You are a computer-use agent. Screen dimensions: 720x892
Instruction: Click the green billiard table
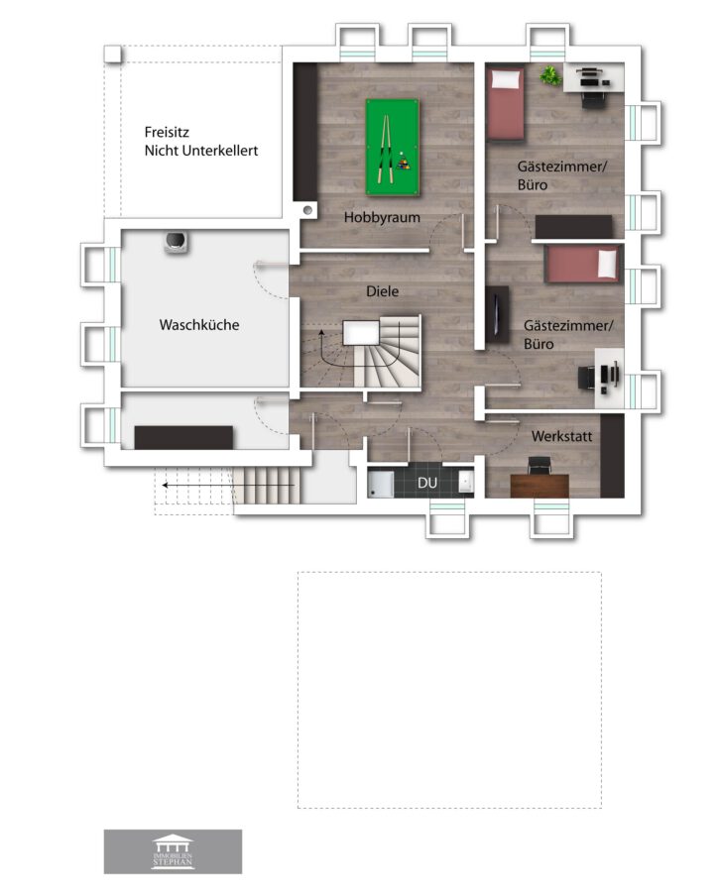coord(392,148)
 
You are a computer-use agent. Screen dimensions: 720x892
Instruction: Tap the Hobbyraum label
coord(382,217)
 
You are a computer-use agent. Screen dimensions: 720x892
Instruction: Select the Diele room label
coord(382,291)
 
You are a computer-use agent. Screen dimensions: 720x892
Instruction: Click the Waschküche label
coord(199,325)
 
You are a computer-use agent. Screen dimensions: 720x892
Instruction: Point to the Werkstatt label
coord(561,436)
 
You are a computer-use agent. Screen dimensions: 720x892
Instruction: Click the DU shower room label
coord(427,483)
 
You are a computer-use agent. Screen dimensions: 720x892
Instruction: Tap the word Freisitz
coord(167,132)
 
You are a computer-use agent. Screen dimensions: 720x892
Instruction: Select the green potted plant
coord(550,75)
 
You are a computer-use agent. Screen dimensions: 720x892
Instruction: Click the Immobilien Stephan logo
coord(173,851)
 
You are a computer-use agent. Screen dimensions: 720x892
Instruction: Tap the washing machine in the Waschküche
coord(177,243)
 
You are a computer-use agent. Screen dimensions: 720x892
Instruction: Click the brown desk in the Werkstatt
coord(540,486)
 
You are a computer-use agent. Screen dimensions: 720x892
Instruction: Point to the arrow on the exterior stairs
coord(228,486)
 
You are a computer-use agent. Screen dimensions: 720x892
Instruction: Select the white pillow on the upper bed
coord(507,79)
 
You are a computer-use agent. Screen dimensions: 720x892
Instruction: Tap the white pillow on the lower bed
coord(607,263)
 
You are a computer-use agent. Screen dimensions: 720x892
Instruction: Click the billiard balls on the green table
coord(403,164)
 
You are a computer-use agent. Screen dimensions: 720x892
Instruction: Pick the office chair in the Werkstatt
coord(540,465)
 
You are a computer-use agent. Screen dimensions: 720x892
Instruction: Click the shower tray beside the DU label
coord(380,483)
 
